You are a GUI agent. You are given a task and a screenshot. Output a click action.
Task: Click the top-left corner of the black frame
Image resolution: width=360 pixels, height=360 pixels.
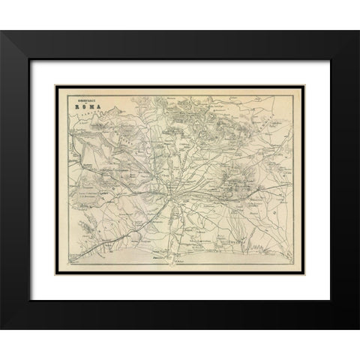tap(2, 31)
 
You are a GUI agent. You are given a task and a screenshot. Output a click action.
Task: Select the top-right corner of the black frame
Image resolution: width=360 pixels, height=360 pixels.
tap(358, 31)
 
